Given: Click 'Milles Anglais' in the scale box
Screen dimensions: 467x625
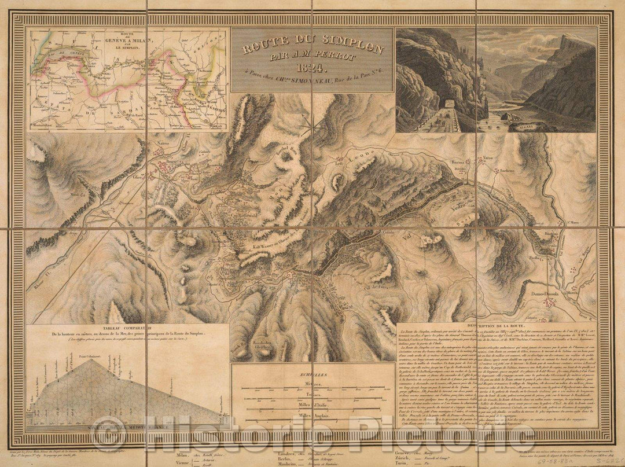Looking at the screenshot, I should pyautogui.click(x=313, y=416).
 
